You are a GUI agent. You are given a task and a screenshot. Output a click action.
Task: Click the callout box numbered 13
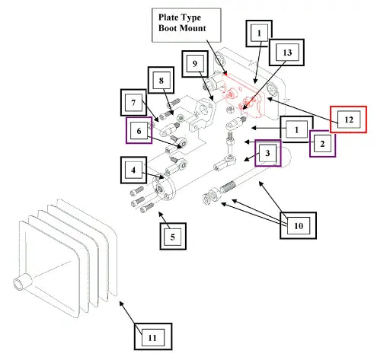click(x=286, y=53)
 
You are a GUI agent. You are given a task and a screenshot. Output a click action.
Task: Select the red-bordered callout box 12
click(x=348, y=119)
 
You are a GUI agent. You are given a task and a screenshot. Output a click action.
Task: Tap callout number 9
click(x=195, y=64)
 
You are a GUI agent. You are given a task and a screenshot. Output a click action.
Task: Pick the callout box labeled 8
click(x=161, y=80)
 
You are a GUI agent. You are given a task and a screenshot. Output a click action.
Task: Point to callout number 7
click(x=133, y=103)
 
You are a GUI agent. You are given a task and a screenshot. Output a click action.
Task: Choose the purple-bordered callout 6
click(x=139, y=130)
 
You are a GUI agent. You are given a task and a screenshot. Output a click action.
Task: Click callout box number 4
click(x=133, y=170)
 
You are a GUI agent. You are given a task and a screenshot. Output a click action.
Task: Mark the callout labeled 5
click(x=173, y=237)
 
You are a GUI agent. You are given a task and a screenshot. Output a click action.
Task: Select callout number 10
click(x=298, y=225)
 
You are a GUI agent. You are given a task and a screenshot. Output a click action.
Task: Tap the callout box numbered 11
click(x=153, y=336)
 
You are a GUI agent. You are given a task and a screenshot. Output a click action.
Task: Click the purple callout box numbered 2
click(x=322, y=144)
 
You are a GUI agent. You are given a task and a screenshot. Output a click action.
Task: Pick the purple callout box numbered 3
click(x=268, y=153)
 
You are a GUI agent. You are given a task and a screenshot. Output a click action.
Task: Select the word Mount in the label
click(x=192, y=28)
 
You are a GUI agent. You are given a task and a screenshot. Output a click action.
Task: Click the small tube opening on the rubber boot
click(x=19, y=283)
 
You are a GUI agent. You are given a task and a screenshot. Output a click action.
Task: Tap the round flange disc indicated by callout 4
click(x=164, y=188)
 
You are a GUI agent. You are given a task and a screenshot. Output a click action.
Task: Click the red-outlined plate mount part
click(x=243, y=96)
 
